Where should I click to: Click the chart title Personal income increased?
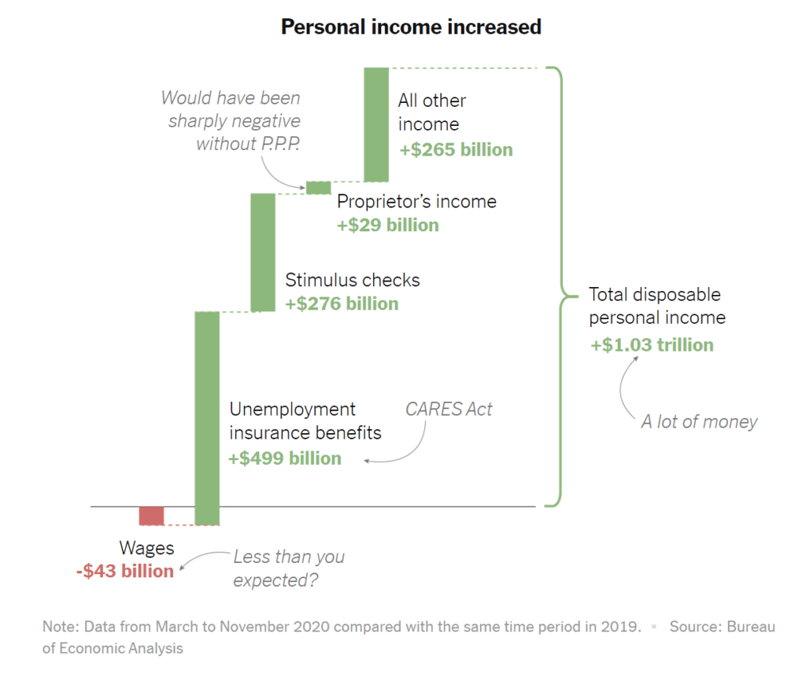click(x=411, y=28)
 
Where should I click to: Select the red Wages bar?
click(x=152, y=516)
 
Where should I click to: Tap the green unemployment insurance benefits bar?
click(x=207, y=418)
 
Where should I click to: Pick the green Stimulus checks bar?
click(x=263, y=252)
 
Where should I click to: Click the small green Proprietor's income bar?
click(x=319, y=187)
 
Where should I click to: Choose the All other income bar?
click(x=376, y=124)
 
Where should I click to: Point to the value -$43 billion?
click(x=125, y=572)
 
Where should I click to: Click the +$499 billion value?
click(x=285, y=458)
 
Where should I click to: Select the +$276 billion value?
click(x=342, y=304)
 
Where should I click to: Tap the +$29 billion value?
click(x=388, y=225)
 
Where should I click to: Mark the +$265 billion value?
click(x=456, y=149)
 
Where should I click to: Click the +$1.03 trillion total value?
click(x=653, y=344)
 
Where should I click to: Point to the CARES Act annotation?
click(x=449, y=409)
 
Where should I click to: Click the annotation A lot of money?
click(x=699, y=421)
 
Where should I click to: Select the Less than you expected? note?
click(x=289, y=568)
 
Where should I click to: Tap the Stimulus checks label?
click(x=353, y=280)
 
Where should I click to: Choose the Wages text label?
click(x=147, y=548)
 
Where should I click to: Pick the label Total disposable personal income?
click(x=657, y=306)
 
